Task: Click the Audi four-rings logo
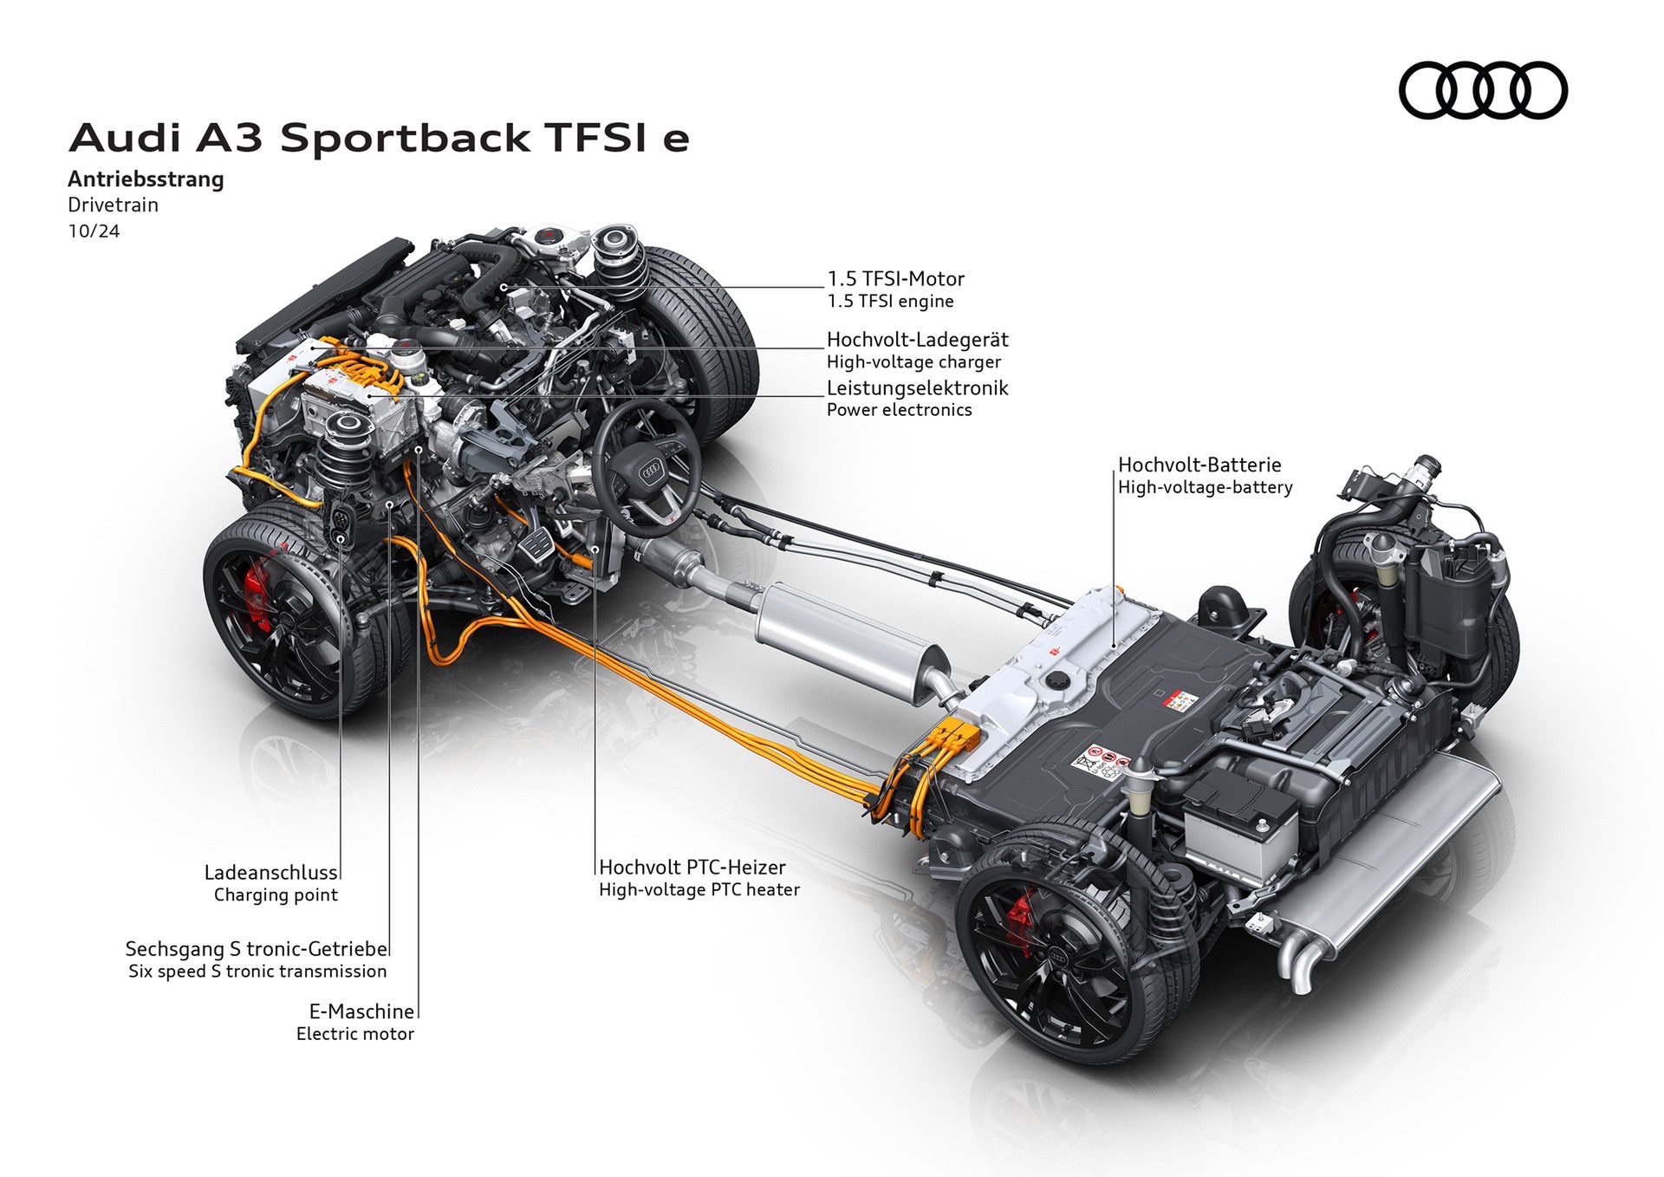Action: click(1483, 90)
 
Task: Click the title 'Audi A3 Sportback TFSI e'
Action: click(379, 139)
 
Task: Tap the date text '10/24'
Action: click(94, 231)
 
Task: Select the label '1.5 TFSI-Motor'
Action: click(895, 279)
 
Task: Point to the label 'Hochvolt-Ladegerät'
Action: click(917, 340)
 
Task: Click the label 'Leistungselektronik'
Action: click(917, 387)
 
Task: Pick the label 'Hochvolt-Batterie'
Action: click(1199, 465)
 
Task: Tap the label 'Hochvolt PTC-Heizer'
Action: click(692, 867)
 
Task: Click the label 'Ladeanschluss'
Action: click(270, 873)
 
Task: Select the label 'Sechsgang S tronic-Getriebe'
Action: click(257, 949)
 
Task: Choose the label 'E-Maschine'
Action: click(361, 1011)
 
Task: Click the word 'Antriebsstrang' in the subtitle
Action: click(146, 179)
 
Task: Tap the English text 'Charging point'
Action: click(276, 895)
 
